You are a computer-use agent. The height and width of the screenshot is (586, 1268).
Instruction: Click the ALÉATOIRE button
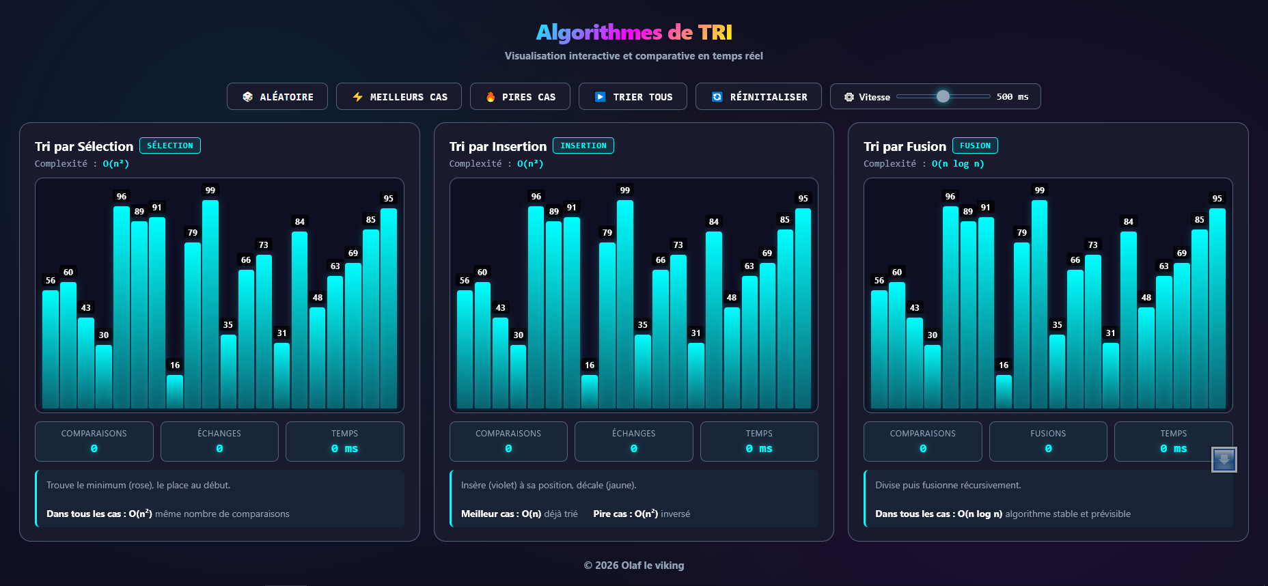(x=277, y=97)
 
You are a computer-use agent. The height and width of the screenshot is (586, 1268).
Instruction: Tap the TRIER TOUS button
(x=633, y=97)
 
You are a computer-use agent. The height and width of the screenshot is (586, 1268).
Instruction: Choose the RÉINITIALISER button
(x=759, y=97)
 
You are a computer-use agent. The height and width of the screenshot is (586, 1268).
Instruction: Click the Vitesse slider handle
(x=943, y=96)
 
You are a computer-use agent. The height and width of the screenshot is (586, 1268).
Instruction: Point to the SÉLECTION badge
(x=170, y=145)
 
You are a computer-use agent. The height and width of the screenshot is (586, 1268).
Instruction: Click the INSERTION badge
(x=583, y=145)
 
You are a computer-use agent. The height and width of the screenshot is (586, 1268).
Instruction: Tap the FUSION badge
(x=975, y=145)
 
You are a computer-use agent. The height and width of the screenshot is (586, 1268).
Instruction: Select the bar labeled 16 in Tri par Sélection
(x=175, y=391)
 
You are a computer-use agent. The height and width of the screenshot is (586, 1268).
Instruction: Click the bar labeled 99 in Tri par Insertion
(x=625, y=304)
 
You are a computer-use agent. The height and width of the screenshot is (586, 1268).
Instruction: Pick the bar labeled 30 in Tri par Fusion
(x=933, y=376)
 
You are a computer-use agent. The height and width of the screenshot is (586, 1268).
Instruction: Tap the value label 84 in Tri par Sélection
(x=300, y=222)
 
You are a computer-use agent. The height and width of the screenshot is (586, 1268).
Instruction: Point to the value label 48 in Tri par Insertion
(x=732, y=298)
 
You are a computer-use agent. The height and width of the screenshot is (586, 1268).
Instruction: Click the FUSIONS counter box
(x=1048, y=441)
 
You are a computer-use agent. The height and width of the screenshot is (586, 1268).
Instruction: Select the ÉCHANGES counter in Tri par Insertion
(x=633, y=441)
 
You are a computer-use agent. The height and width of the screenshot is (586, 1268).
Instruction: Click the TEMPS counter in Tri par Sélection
(x=344, y=441)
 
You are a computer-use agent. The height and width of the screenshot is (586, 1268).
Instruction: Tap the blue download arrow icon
(x=1224, y=460)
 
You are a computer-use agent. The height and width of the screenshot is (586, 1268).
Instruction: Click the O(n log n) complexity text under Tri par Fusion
(x=958, y=164)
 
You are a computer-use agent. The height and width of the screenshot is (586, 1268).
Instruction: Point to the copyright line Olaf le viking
(x=634, y=566)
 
